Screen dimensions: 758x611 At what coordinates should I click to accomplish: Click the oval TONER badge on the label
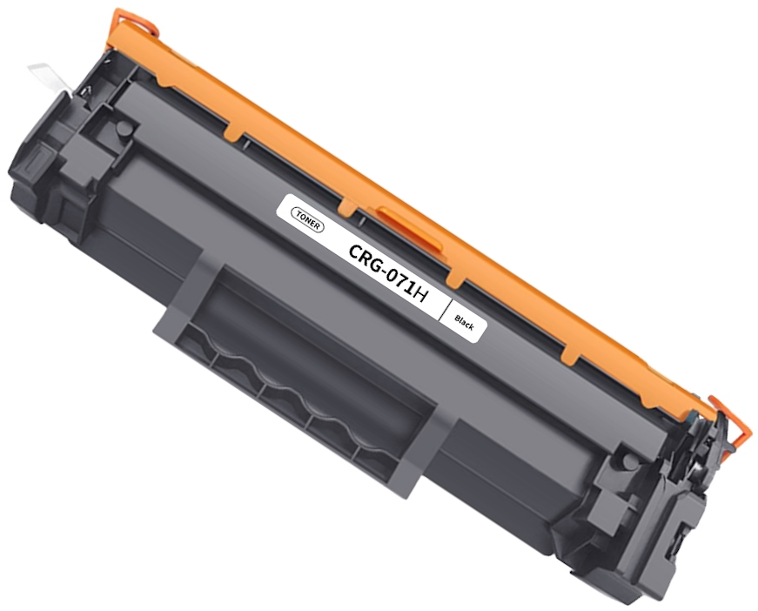pos(308,220)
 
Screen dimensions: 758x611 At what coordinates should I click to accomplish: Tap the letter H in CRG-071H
pos(419,292)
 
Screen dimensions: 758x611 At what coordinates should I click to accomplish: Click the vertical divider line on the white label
pos(446,309)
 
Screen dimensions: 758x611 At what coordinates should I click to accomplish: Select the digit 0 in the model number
pos(386,272)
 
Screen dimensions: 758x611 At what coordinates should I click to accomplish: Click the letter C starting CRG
pos(355,252)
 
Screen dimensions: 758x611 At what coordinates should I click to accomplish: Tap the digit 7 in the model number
pos(399,279)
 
